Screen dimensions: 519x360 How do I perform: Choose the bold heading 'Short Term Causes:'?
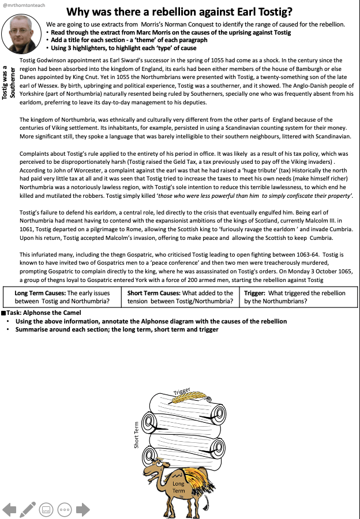point(154,293)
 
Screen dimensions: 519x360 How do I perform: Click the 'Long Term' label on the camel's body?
point(178,487)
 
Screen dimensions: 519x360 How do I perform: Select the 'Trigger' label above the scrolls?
point(182,392)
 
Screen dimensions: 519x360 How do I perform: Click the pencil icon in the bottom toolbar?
point(27,509)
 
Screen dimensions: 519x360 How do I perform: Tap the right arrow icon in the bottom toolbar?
point(83,509)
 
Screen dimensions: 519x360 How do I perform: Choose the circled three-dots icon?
point(65,509)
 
